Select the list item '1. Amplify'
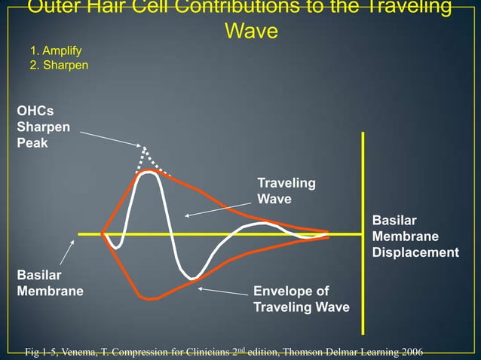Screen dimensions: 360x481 (x=55, y=51)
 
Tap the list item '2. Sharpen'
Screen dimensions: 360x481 (x=59, y=66)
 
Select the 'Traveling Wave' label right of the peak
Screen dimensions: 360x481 (x=286, y=191)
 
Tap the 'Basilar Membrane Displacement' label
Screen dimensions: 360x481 (x=415, y=236)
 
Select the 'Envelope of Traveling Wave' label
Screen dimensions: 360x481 (x=301, y=299)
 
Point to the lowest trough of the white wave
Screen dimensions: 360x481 (x=195, y=279)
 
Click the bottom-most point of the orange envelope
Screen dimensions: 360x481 (x=152, y=299)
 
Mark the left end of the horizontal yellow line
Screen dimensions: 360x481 (x=80, y=233)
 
